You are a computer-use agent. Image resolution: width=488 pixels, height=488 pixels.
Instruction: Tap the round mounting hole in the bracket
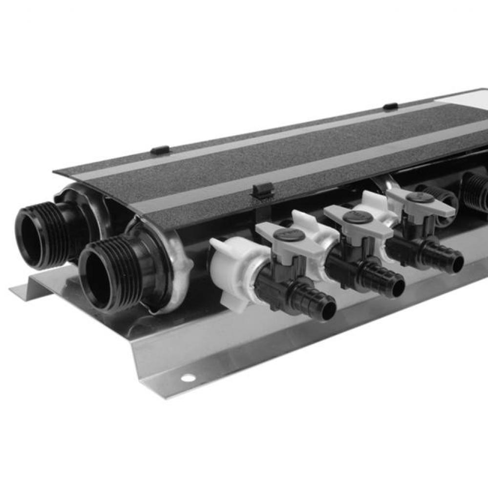point(188,378)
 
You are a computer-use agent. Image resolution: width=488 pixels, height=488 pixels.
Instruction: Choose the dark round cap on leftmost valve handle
point(289,235)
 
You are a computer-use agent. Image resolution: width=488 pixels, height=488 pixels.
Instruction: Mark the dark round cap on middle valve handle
point(357,217)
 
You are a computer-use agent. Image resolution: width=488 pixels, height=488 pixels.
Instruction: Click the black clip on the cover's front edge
point(263,190)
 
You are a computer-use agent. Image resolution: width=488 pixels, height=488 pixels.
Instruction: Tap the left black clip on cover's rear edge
point(160,150)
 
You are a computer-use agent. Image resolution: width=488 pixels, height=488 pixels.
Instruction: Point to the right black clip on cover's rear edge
point(390,106)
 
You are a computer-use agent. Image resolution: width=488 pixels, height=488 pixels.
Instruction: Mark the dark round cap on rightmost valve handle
point(420,198)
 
